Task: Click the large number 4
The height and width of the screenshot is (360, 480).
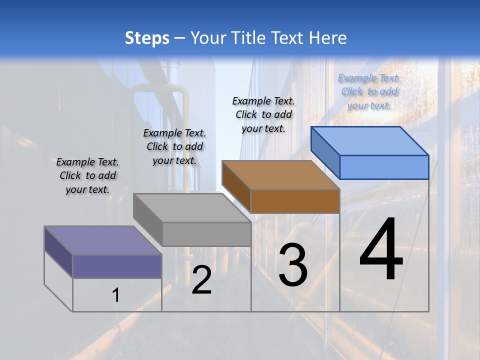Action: tap(381, 250)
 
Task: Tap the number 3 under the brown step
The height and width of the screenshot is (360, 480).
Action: tap(293, 265)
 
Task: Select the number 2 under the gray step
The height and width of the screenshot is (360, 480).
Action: tap(202, 280)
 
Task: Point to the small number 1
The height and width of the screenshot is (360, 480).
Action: tap(116, 295)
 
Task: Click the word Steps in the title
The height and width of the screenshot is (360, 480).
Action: tap(147, 38)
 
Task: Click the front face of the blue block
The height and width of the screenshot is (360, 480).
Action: tap(384, 167)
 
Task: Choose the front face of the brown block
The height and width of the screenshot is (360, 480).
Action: tap(295, 201)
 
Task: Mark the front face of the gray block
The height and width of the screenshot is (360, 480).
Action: tap(206, 234)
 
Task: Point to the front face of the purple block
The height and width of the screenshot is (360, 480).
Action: tap(117, 266)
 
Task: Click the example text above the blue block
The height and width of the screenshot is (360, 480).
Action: tap(369, 91)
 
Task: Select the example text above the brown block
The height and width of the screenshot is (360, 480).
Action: tap(263, 114)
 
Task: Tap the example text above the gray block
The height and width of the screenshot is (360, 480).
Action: tap(174, 146)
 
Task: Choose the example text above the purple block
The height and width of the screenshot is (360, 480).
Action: tap(87, 175)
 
